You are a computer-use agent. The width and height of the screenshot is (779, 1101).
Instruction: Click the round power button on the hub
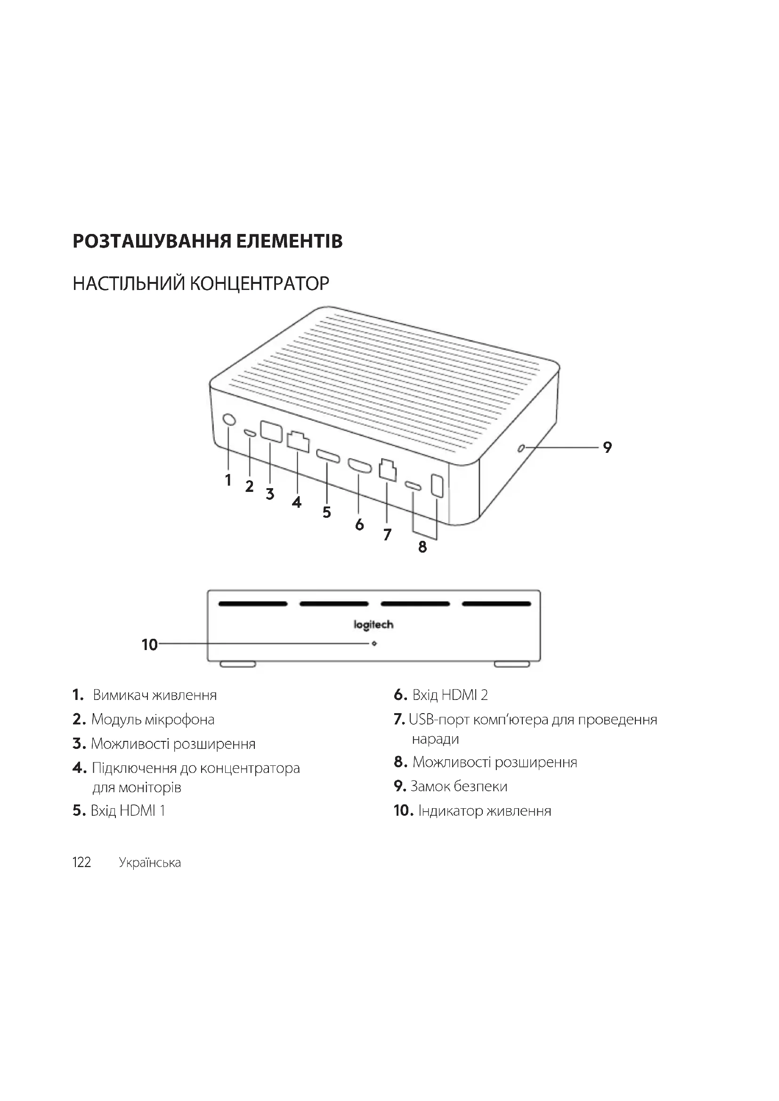[x=230, y=419]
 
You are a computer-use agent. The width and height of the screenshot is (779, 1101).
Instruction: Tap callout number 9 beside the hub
[x=607, y=447]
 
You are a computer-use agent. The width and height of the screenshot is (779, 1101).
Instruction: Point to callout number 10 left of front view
[x=150, y=644]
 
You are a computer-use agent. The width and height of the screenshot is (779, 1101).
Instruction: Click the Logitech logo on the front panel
[x=373, y=625]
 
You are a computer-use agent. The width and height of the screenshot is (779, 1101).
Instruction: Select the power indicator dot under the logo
[x=374, y=643]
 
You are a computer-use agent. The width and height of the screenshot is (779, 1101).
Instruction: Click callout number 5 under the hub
[x=327, y=512]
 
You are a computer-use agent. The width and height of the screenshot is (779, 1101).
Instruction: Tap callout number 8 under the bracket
[x=422, y=546]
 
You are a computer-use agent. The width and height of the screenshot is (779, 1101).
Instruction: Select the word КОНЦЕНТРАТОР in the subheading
[x=260, y=283]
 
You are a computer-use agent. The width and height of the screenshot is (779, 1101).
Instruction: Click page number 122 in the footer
[x=81, y=862]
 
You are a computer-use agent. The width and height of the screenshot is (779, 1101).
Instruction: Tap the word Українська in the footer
[x=150, y=863]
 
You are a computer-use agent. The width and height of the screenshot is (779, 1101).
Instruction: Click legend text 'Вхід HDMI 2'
[x=450, y=695]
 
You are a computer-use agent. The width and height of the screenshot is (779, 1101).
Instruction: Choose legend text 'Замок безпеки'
[x=459, y=786]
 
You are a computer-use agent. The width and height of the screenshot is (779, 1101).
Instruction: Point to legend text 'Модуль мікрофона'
[x=153, y=719]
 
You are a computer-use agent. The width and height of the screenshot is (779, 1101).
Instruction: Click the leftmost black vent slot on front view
[x=253, y=604]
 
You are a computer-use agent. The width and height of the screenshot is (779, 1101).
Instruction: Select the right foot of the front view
[x=512, y=664]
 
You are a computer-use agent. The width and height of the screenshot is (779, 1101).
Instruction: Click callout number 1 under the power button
[x=228, y=480]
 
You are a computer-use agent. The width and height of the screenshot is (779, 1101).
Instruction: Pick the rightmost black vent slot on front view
[x=496, y=604]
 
